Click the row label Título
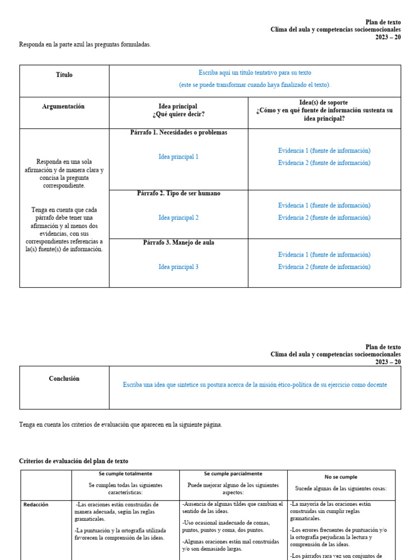[64, 75]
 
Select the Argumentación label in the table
[63, 107]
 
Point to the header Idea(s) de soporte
[324, 103]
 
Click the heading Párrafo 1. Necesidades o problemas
[179, 133]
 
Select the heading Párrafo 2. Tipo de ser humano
[179, 194]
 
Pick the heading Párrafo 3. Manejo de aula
[179, 242]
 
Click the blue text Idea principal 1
[178, 157]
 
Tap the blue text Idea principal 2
[178, 218]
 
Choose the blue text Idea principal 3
[178, 267]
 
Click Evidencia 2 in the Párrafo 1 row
[324, 163]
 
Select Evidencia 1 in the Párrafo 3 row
[324, 255]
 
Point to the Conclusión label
[64, 378]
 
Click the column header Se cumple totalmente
[125, 474]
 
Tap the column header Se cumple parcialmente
[233, 474]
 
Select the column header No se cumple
[341, 477]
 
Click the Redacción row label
[36, 505]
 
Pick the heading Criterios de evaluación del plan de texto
[74, 461]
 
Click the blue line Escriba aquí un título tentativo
[255, 73]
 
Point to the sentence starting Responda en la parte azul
[85, 45]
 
